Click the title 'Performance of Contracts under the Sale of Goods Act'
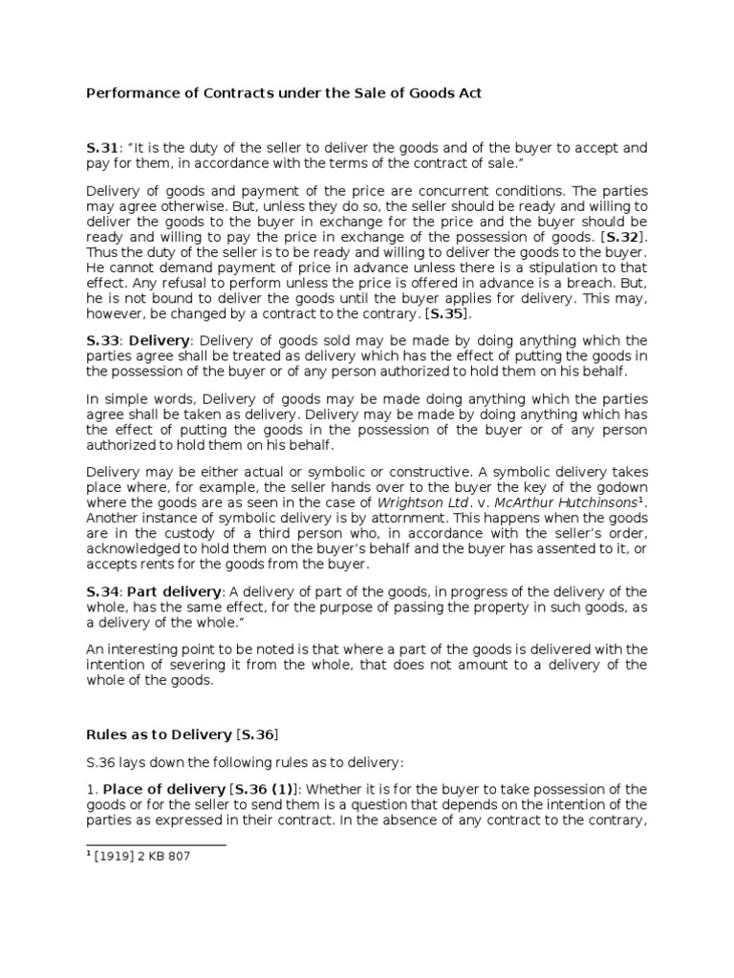(x=284, y=93)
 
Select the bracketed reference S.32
(x=621, y=236)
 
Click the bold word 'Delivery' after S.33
(x=160, y=341)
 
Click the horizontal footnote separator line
(x=156, y=844)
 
